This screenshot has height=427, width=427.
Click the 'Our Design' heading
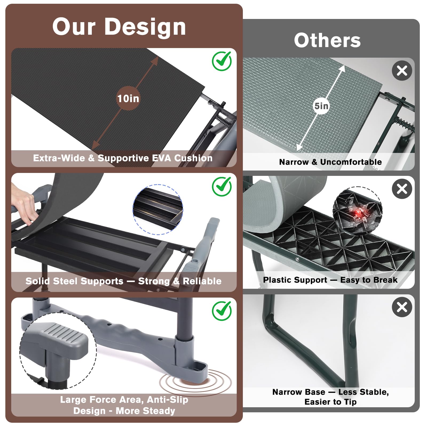[x=119, y=27]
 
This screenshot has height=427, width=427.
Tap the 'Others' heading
[x=327, y=41]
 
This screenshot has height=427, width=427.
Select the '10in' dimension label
[x=128, y=98]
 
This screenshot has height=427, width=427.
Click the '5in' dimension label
[x=321, y=106]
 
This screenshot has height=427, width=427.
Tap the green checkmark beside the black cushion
[x=222, y=61]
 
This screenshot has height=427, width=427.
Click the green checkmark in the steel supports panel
[x=222, y=187]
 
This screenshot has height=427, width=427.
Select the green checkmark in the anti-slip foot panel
[x=222, y=311]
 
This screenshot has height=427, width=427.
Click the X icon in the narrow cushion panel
[x=402, y=71]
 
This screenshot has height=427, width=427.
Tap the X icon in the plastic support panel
[x=402, y=189]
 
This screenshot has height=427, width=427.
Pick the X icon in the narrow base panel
[x=402, y=307]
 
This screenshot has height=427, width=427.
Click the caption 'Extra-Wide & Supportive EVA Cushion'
[x=123, y=158]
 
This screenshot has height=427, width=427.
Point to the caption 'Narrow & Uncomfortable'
[x=330, y=162]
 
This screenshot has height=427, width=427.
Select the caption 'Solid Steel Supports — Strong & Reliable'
[x=123, y=281]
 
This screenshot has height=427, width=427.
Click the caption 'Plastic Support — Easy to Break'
[x=330, y=280]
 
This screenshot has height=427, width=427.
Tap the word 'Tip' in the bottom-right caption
[x=350, y=402]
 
